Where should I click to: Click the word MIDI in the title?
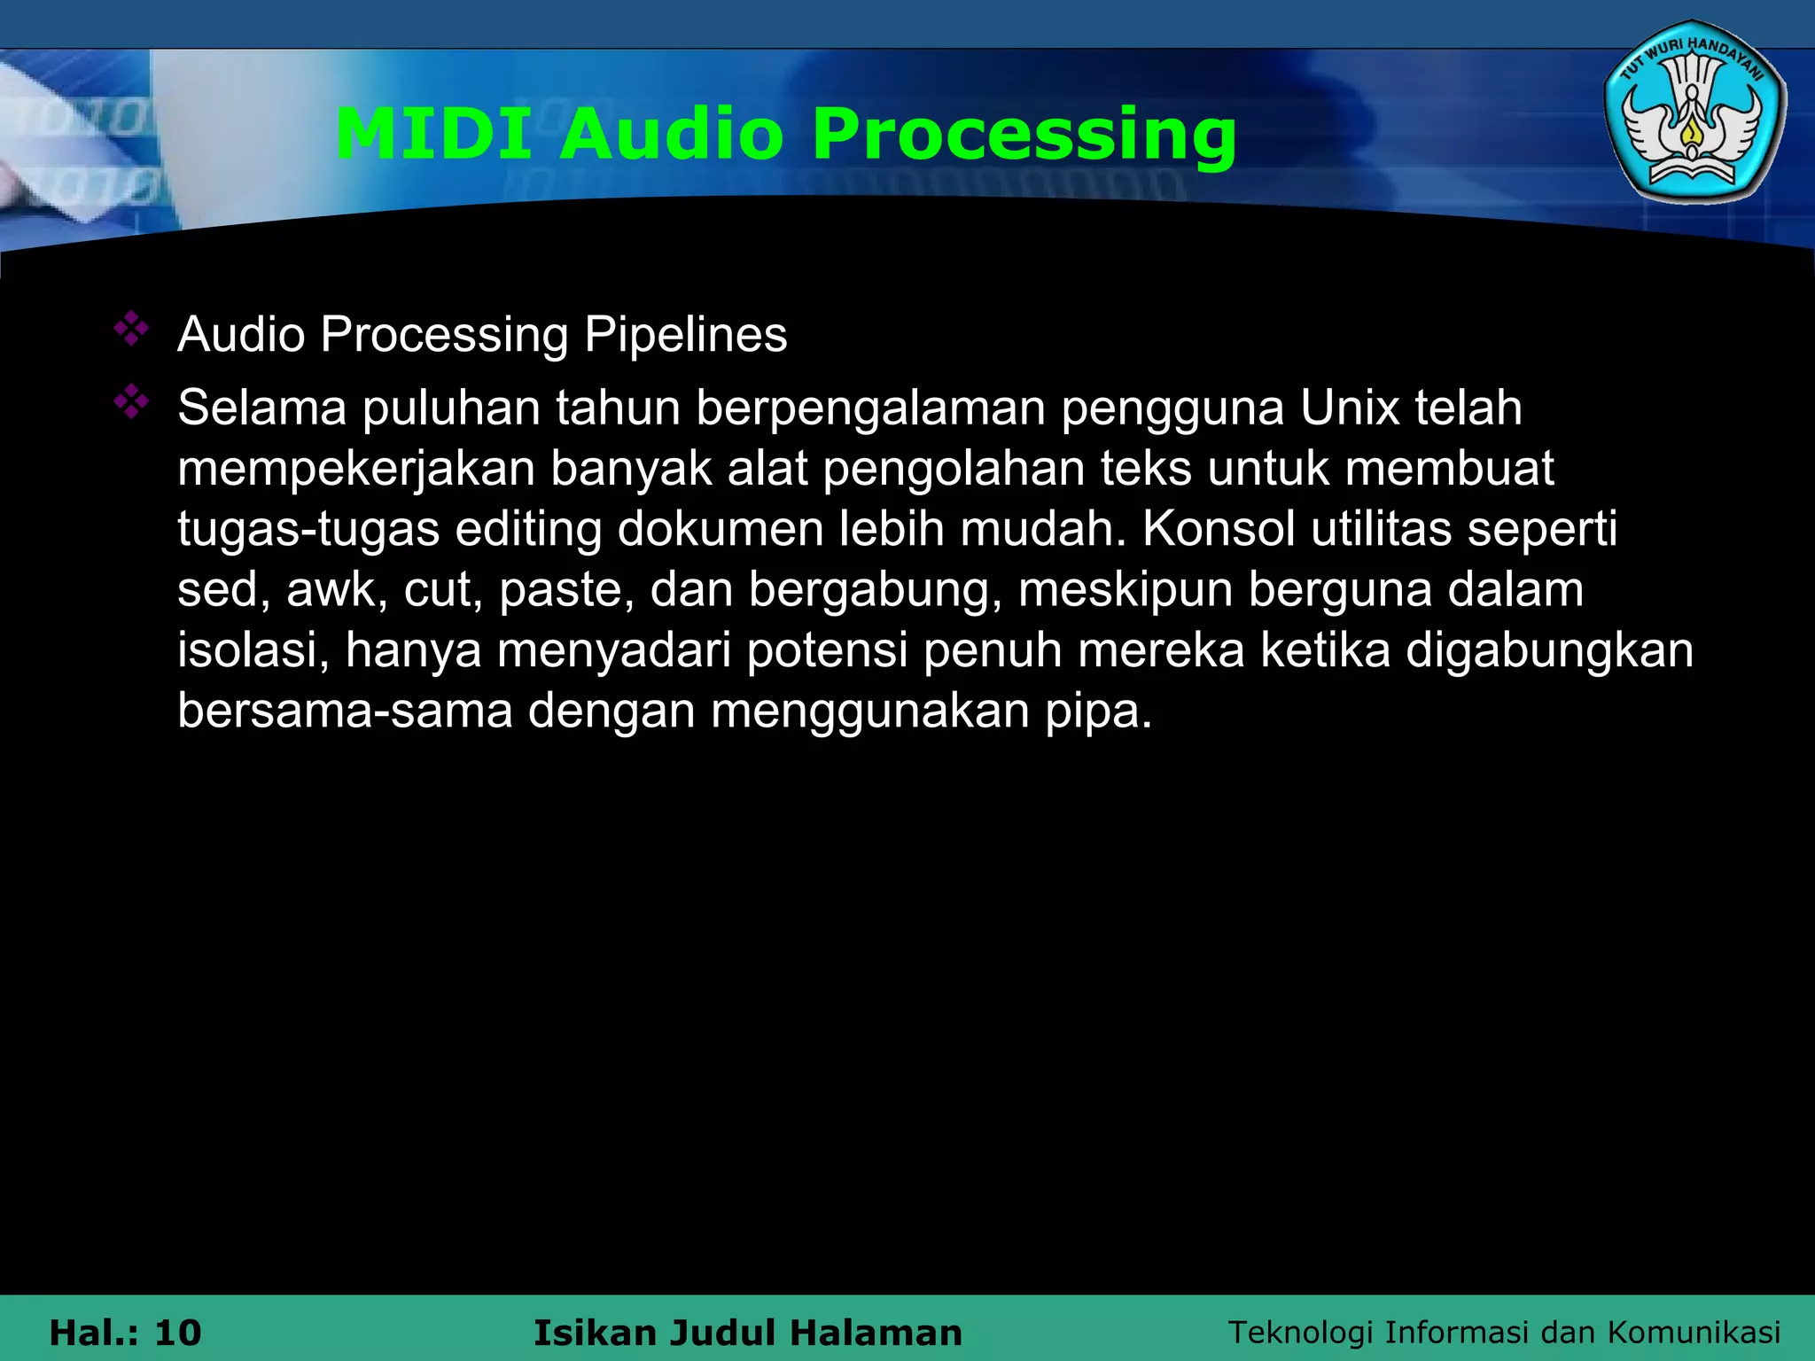coord(433,134)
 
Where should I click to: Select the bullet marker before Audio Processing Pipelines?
coord(131,329)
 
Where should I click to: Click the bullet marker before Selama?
coord(131,402)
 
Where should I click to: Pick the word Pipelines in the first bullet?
coord(685,336)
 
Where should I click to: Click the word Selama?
coord(261,408)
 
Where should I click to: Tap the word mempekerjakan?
coord(356,469)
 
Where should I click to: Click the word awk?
coord(337,589)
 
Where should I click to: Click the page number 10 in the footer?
coord(177,1333)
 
